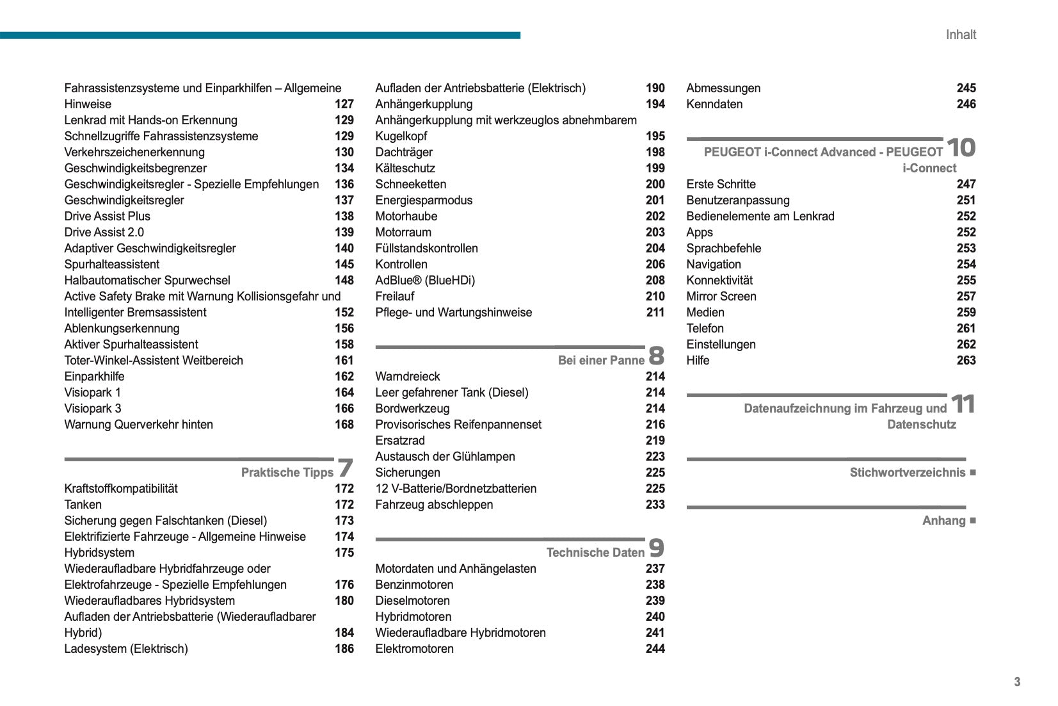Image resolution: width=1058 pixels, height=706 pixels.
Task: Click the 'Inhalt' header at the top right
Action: (960, 35)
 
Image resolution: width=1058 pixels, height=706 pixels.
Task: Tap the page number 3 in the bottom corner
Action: (1017, 682)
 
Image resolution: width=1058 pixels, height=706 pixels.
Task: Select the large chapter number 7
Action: (345, 468)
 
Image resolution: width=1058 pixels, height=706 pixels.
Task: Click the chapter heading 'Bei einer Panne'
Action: (601, 360)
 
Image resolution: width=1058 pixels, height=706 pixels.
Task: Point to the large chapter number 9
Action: (656, 548)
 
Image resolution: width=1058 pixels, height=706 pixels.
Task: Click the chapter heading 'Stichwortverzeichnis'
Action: (907, 472)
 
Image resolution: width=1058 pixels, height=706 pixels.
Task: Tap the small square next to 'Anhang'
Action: (973, 520)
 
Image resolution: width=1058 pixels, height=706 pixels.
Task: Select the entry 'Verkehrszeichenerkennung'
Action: (134, 152)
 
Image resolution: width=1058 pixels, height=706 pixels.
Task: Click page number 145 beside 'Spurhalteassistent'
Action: (344, 264)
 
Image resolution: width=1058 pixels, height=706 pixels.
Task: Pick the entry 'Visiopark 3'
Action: (93, 408)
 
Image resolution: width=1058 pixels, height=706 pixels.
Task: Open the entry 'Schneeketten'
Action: (410, 184)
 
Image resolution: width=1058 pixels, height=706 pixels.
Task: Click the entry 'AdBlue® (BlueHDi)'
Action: (425, 280)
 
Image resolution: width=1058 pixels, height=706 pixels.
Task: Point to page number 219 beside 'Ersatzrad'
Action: (655, 440)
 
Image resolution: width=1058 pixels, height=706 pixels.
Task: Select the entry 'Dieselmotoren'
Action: (412, 600)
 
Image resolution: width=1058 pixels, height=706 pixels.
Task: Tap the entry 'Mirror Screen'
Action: (721, 296)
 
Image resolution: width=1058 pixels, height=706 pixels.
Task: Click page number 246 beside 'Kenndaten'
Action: (966, 104)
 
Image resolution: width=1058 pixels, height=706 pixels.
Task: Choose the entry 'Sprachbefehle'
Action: (723, 248)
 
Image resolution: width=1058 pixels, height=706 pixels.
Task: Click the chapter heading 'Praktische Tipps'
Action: (287, 472)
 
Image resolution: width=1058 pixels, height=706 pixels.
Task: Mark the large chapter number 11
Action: (962, 404)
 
